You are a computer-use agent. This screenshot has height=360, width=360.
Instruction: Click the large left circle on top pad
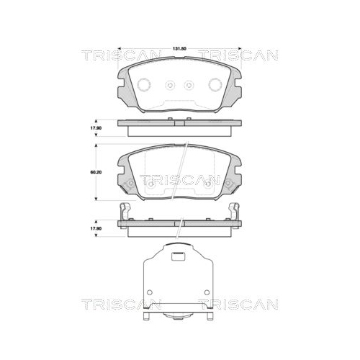click(x=144, y=84)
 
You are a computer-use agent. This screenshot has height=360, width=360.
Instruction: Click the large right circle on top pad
click(x=215, y=84)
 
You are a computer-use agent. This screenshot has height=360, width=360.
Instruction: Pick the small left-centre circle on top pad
click(x=171, y=84)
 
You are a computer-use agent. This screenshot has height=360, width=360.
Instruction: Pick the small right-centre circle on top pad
click(x=189, y=84)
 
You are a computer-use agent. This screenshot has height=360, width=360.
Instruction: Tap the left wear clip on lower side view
click(x=125, y=212)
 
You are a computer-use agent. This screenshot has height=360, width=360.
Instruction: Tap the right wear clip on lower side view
click(x=235, y=212)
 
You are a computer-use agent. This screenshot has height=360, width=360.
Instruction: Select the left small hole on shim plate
click(x=152, y=295)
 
